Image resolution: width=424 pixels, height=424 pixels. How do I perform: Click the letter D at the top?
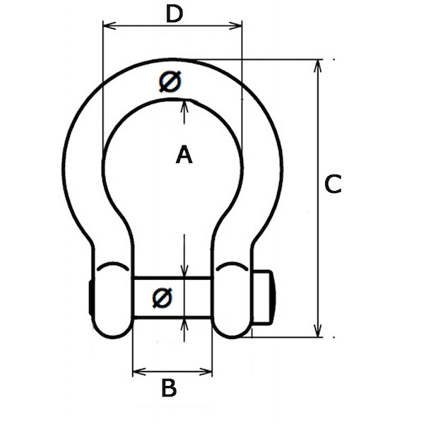[175, 14]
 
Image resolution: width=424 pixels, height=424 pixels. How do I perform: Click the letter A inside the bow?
[184, 155]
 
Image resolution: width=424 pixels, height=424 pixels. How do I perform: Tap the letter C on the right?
[333, 184]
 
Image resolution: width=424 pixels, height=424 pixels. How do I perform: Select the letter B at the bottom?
[169, 388]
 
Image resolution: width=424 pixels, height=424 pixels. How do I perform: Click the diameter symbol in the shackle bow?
[170, 81]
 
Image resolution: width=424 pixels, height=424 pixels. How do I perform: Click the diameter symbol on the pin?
[162, 298]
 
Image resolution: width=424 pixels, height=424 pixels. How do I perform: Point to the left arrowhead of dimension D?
[110, 26]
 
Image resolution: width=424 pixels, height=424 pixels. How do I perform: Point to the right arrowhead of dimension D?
[235, 26]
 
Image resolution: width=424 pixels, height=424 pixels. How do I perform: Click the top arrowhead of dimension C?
[318, 66]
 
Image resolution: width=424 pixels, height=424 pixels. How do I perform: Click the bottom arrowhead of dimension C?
[318, 331]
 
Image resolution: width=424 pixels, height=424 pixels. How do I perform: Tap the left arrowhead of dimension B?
[139, 372]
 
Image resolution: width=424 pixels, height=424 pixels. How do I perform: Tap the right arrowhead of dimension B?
[206, 372]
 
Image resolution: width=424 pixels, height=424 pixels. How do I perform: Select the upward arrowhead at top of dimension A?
[184, 106]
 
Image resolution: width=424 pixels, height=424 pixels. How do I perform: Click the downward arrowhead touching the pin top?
[184, 271]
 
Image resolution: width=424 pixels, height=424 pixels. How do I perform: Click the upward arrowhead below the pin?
[184, 324]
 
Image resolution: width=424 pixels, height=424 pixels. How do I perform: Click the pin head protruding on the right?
[264, 297]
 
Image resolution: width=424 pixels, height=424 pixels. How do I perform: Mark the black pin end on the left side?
[90, 297]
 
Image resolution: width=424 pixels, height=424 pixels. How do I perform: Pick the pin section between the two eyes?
[172, 298]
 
